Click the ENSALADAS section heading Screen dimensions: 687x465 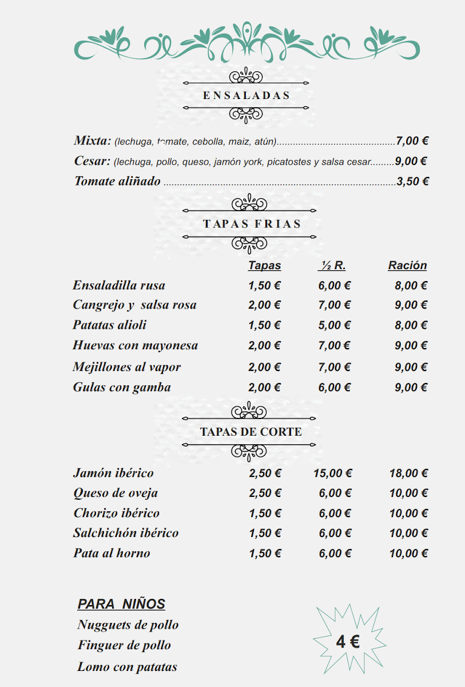[x=247, y=96]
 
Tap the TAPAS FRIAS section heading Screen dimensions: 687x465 [x=252, y=224]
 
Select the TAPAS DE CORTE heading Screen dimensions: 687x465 [x=251, y=432]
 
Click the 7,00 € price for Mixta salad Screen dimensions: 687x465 [x=412, y=141]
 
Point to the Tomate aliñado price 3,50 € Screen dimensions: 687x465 [x=412, y=181]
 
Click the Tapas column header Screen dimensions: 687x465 [x=264, y=266]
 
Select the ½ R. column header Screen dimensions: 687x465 [x=332, y=266]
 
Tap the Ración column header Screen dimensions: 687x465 [x=407, y=266]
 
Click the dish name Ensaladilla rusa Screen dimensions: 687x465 [x=119, y=285]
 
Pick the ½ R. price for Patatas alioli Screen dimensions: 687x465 [x=334, y=325]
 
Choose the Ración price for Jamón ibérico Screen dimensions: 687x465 [x=408, y=473]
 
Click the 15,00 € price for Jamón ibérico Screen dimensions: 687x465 [x=332, y=473]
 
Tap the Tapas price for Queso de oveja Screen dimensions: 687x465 [x=265, y=493]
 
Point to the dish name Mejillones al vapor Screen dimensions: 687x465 [x=126, y=367]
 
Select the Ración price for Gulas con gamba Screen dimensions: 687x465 [x=411, y=388]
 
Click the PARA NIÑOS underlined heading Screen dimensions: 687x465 [x=121, y=604]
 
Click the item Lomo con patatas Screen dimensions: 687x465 [x=128, y=667]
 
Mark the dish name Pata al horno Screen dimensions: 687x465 [x=112, y=553]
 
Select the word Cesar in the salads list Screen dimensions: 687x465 [x=92, y=161]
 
